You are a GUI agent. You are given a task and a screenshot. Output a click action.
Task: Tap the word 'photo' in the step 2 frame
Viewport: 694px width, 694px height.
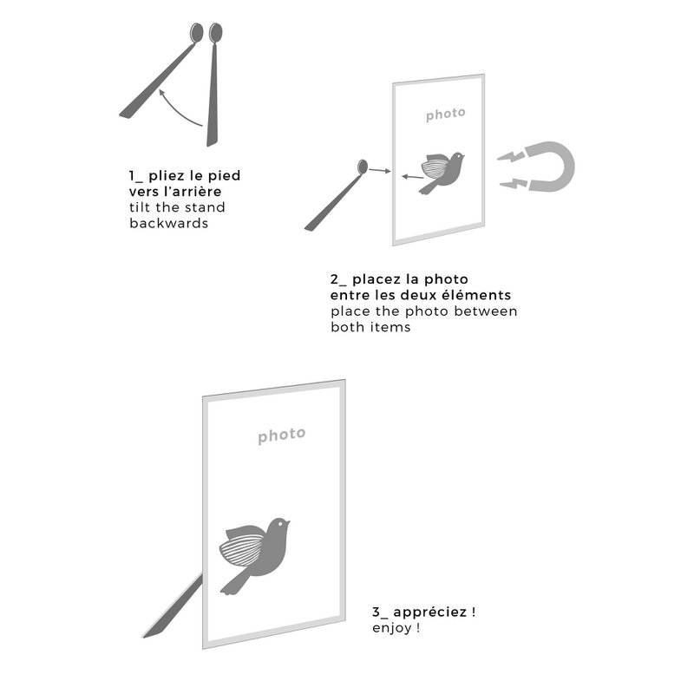(445, 115)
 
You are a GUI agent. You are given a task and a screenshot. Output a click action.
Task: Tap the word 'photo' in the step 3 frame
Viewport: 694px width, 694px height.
(281, 435)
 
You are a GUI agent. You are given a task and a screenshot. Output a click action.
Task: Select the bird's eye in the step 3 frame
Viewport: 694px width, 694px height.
(280, 524)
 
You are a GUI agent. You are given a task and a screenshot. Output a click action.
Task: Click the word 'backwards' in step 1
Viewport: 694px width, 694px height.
(168, 223)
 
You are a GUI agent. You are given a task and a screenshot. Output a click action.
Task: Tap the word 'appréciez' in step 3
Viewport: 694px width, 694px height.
(429, 612)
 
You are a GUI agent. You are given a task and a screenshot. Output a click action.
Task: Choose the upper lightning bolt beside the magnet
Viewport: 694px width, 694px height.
(511, 157)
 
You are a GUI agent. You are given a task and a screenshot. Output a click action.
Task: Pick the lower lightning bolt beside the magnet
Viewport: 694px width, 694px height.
(514, 183)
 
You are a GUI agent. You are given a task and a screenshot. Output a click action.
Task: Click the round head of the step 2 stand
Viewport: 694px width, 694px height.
(363, 167)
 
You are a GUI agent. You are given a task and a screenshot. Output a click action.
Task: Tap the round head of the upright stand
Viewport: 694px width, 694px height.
(215, 32)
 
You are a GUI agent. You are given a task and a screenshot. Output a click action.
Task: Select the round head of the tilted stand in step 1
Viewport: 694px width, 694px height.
(197, 32)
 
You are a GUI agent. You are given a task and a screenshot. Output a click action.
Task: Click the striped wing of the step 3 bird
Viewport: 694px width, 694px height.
(242, 549)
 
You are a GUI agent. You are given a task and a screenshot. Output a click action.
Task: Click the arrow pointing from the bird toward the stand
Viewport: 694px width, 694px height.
(413, 177)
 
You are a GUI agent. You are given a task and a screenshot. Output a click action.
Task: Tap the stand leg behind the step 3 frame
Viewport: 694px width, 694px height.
(173, 606)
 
